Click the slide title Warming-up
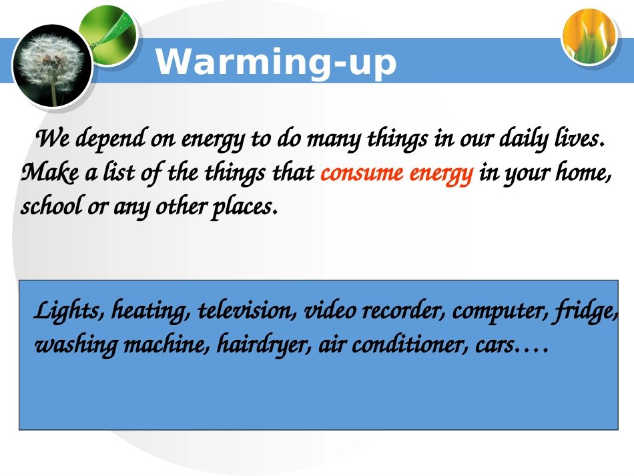pos(276,62)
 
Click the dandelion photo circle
pos(51,65)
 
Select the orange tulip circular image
pos(588,37)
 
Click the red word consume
pos(362,174)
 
